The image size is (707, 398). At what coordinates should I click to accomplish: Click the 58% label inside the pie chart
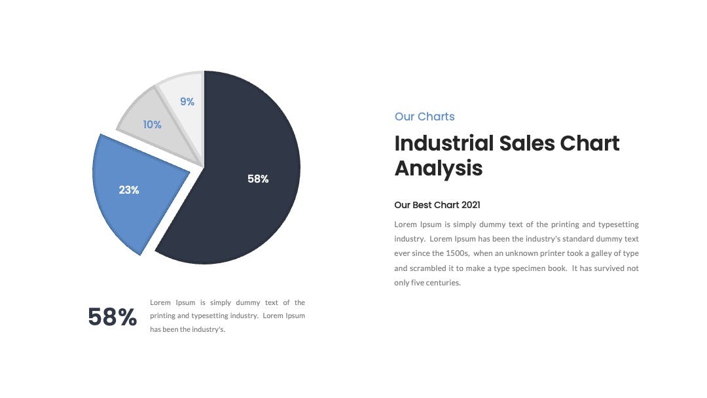(x=258, y=179)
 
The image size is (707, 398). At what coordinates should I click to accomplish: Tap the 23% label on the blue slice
(x=129, y=190)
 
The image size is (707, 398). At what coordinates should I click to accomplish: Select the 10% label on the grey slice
(x=152, y=124)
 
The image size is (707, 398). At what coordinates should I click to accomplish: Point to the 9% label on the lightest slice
(x=187, y=102)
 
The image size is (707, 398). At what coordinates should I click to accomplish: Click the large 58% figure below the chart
(x=113, y=317)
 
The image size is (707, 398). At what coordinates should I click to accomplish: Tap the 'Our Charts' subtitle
(x=424, y=117)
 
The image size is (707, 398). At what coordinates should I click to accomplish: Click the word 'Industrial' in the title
(x=444, y=143)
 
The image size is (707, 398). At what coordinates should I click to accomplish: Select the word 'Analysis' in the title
(x=439, y=169)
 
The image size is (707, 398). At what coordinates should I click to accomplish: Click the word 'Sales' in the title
(x=527, y=143)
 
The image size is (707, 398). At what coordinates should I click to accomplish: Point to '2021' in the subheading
(x=471, y=205)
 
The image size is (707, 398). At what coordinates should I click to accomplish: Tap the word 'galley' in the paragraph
(x=601, y=253)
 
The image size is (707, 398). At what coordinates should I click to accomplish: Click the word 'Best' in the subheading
(x=422, y=205)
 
